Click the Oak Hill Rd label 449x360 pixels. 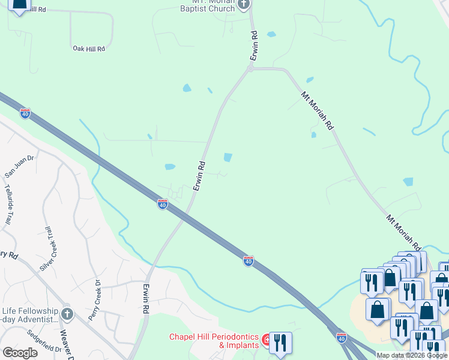89,48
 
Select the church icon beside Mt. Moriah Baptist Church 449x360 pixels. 243,5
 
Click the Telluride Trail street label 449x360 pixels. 8,204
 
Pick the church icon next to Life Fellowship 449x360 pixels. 67,313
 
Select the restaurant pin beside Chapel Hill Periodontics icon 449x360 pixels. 280,343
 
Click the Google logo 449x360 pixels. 20,352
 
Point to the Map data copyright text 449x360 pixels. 412,355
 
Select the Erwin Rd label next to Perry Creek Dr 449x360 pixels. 146,299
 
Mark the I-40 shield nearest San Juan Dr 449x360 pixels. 25,112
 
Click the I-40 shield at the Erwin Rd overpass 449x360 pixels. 162,205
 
